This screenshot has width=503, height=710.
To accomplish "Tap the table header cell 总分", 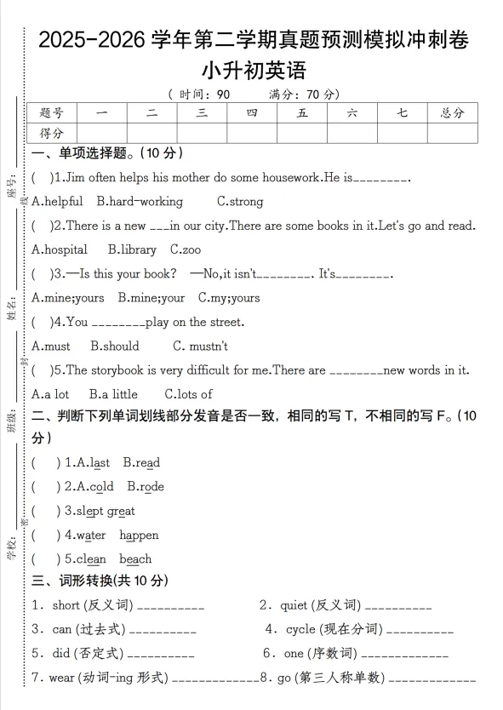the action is click(451, 112).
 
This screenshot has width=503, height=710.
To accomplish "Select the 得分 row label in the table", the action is click(52, 133).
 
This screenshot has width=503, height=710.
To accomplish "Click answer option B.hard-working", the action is click(140, 202).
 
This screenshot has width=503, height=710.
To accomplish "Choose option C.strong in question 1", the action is click(240, 202).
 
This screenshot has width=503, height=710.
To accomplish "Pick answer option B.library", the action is click(132, 249).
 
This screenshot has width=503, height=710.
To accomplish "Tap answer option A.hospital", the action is click(60, 249).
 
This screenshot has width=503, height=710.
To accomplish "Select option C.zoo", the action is click(186, 249).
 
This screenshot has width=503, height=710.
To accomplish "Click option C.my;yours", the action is click(229, 298).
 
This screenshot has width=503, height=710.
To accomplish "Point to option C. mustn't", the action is click(200, 346).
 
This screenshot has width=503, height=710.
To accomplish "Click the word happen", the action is click(139, 535).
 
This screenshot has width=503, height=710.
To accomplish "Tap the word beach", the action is click(135, 559).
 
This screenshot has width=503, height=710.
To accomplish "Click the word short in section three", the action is click(66, 605).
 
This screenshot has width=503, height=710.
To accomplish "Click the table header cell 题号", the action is click(52, 112).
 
